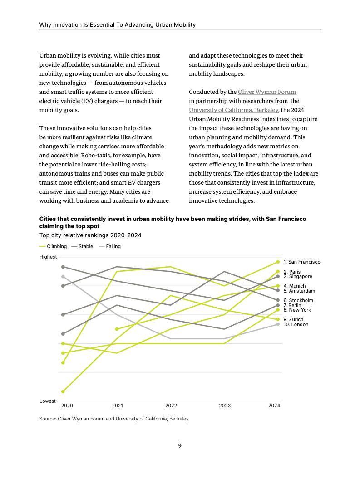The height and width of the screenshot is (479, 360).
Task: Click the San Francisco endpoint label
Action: (x=301, y=262)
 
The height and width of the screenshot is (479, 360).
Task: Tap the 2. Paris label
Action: (x=292, y=272)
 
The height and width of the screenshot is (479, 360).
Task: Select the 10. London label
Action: (x=296, y=324)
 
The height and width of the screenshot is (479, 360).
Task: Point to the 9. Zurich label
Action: (x=293, y=319)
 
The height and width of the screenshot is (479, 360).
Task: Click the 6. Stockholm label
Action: (x=298, y=300)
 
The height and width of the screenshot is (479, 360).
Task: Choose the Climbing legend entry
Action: (x=54, y=246)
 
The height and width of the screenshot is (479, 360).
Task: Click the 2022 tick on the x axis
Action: (x=171, y=406)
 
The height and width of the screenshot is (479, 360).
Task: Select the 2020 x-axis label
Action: (x=67, y=406)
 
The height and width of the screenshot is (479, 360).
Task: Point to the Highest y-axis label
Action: (x=48, y=257)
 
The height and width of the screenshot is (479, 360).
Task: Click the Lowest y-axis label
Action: (x=48, y=401)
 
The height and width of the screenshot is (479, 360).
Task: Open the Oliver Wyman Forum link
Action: (x=267, y=92)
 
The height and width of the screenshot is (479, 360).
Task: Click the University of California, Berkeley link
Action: (x=233, y=110)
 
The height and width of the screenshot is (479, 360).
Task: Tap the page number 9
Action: (x=180, y=446)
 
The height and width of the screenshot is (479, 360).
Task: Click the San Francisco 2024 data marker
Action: (x=278, y=262)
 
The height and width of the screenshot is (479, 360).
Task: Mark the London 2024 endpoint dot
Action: (x=278, y=324)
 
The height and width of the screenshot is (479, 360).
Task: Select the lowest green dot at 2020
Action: (x=63, y=391)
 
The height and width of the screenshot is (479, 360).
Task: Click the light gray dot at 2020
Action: (x=63, y=276)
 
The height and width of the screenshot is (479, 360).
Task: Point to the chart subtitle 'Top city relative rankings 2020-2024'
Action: (x=90, y=235)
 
